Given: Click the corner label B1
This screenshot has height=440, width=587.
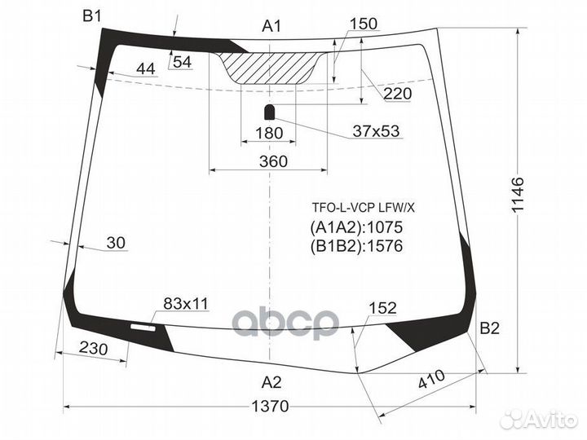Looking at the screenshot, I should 92,15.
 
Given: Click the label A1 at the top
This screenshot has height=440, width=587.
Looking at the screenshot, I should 271,27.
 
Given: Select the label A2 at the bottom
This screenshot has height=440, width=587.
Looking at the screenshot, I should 271,381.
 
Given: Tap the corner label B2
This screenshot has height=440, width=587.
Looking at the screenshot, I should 489,329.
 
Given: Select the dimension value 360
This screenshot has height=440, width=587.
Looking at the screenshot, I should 274,161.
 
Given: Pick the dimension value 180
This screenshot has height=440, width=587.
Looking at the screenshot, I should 268,133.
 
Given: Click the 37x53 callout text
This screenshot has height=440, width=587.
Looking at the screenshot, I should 376,131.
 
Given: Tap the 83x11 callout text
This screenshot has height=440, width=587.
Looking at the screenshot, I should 186,304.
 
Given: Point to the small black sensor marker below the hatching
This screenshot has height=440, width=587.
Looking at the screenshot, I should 269,112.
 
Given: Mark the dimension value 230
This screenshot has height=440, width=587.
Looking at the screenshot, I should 95,348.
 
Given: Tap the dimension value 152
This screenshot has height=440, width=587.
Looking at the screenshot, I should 382,308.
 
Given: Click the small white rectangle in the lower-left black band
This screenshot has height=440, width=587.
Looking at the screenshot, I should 146,325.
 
